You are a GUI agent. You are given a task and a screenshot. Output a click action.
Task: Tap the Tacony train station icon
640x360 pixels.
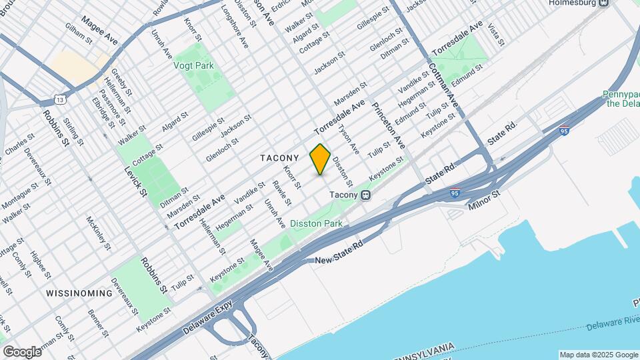365,195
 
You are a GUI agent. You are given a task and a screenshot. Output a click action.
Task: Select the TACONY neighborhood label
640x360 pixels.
279,158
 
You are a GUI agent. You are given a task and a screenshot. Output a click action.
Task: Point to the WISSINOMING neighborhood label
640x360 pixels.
79,293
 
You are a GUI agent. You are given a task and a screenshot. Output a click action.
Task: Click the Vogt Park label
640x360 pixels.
193,66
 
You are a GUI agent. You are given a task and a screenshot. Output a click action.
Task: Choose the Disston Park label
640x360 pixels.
316,224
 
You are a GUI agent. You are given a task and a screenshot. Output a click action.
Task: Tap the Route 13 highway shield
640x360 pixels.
61,99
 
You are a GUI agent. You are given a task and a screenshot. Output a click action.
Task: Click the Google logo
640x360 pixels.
22,352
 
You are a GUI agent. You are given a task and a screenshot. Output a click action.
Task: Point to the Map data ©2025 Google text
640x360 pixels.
598,355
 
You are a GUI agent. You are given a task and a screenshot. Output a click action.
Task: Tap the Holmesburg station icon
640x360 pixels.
603,3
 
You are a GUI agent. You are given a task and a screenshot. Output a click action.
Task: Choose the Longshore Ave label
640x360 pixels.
234,27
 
